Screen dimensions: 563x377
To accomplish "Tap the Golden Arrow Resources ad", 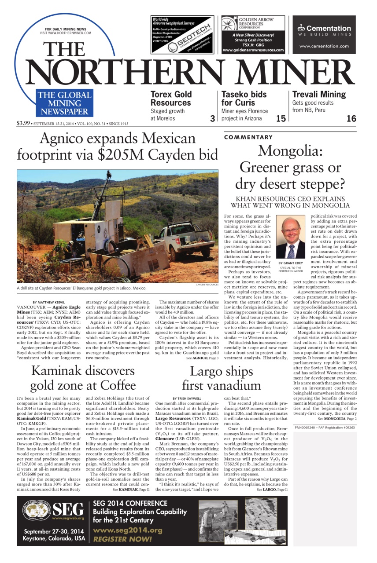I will pos(253,35).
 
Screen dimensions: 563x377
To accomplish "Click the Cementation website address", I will pos(325,46).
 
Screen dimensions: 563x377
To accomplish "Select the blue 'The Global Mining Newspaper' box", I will pos(64,103).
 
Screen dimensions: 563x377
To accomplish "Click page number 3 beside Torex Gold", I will pos(212,118).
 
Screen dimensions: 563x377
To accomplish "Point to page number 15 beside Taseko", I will pos(281,118).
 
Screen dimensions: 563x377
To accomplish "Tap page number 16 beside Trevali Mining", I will pos(351,118).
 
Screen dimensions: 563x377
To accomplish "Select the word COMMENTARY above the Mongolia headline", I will pos(248,137).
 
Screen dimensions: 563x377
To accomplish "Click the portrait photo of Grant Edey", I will pos(290,238).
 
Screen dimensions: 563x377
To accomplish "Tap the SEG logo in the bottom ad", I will pos(54,509).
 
